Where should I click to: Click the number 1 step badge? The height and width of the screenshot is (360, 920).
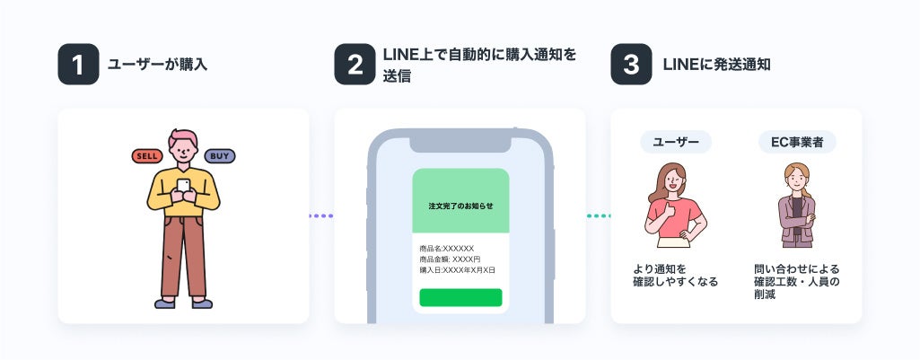pyautogui.click(x=78, y=65)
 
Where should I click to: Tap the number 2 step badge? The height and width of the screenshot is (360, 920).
pyautogui.click(x=355, y=65)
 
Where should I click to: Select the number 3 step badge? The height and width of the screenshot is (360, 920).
pyautogui.click(x=631, y=65)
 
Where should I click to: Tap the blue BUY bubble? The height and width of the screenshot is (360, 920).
pyautogui.click(x=219, y=156)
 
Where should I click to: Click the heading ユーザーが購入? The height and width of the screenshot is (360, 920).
pyautogui.click(x=157, y=65)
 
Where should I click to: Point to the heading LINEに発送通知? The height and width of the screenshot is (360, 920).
pyautogui.click(x=716, y=65)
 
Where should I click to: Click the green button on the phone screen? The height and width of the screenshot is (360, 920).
pyautogui.click(x=460, y=297)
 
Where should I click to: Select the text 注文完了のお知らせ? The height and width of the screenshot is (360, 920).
pyautogui.click(x=460, y=206)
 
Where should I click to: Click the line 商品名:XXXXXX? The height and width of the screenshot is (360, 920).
pyautogui.click(x=446, y=248)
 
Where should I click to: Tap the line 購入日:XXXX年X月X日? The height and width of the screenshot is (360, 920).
pyautogui.click(x=457, y=269)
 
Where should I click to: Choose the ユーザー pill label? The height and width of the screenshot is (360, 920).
pyautogui.click(x=676, y=142)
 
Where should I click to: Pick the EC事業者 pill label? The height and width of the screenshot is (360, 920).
pyautogui.click(x=797, y=142)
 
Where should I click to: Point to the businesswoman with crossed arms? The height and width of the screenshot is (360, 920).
pyautogui.click(x=795, y=206)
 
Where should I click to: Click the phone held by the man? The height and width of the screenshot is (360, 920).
pyautogui.click(x=183, y=185)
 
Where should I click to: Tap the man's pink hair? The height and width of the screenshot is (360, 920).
pyautogui.click(x=183, y=139)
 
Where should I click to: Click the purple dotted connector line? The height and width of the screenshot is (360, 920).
pyautogui.click(x=321, y=215)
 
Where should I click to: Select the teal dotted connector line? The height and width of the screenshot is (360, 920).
pyautogui.click(x=598, y=215)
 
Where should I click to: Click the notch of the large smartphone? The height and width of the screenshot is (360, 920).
pyautogui.click(x=460, y=142)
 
